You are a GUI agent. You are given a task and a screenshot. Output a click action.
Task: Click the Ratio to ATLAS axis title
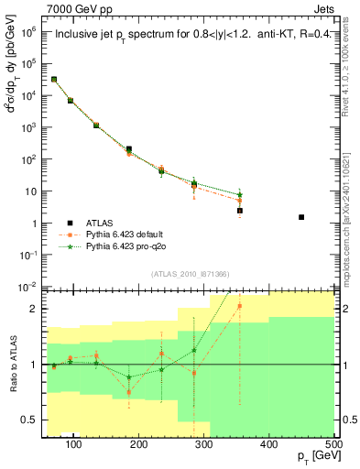[13, 365]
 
